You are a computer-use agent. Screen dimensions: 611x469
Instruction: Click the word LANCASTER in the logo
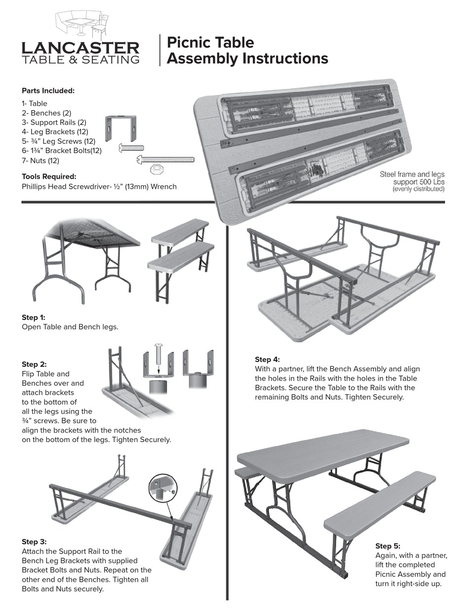coord(80,47)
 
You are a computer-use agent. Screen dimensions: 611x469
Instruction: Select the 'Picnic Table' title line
coord(210,42)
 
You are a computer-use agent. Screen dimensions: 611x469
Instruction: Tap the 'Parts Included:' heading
coord(48,90)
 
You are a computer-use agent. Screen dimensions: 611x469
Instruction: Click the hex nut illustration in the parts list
coord(157,169)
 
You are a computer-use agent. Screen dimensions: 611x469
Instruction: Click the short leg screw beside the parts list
coord(131,147)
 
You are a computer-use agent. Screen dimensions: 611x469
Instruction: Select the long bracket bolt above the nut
coord(165,159)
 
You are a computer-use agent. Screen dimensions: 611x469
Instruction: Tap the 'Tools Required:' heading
coord(49,176)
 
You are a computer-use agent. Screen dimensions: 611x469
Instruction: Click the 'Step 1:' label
coord(34,317)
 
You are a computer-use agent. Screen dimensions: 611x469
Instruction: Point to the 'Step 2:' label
coord(34,364)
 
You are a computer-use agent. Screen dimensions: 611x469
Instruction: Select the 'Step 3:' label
coord(34,541)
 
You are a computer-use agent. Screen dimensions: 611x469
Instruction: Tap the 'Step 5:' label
coord(388,546)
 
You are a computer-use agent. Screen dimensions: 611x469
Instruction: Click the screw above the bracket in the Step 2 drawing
coord(157,358)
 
